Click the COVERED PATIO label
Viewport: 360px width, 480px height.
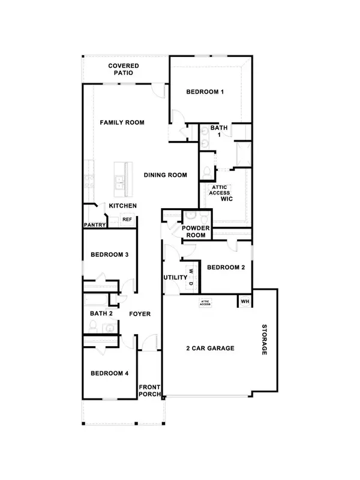tap(124, 69)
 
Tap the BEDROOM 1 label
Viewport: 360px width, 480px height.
tap(205, 92)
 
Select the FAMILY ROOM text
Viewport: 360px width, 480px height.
tap(122, 122)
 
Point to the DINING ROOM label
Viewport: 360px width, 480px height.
tap(165, 175)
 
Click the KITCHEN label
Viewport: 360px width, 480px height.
tap(122, 206)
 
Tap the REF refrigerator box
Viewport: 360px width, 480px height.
tap(127, 220)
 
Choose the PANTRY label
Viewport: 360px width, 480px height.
tap(95, 226)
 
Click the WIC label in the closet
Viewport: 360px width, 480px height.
tap(226, 198)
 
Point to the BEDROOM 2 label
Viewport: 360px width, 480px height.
tap(226, 268)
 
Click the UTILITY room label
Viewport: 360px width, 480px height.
tap(175, 278)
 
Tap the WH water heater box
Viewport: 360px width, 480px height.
tap(245, 301)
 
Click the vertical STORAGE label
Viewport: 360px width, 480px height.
tap(264, 340)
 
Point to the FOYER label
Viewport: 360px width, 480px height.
tap(139, 314)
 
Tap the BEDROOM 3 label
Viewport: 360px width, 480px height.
tap(110, 255)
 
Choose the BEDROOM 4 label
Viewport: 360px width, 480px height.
tap(110, 373)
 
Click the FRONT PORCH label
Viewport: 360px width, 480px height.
tap(150, 391)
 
